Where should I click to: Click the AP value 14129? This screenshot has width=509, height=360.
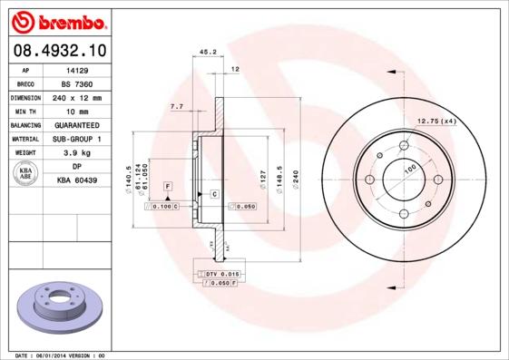[x=77, y=69]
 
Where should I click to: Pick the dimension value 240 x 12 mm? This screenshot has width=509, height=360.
[x=77, y=97]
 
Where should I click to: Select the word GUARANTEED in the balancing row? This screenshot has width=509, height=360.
[x=77, y=125]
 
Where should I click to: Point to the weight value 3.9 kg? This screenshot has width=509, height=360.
[x=77, y=153]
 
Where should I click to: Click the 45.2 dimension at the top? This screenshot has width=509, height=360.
[x=206, y=53]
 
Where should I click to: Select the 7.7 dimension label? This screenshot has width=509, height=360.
[x=176, y=108]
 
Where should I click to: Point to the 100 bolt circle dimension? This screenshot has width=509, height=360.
[x=409, y=169]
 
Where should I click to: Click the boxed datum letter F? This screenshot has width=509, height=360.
[x=167, y=185]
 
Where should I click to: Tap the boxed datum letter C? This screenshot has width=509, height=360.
[x=214, y=194]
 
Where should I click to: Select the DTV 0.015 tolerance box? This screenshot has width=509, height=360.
[x=220, y=273]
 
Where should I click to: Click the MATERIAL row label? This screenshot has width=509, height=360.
[x=24, y=139]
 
